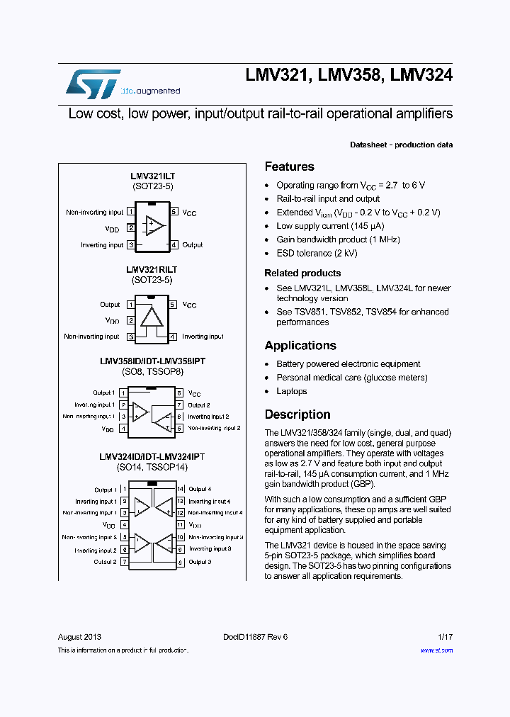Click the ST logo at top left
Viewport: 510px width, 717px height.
93,83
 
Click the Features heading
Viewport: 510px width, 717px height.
289,166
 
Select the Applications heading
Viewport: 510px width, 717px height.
300,346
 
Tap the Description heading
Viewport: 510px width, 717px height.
297,414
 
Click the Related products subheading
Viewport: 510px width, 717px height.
302,273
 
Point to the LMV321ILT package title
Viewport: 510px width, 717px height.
153,175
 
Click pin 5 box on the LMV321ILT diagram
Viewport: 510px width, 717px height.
174,212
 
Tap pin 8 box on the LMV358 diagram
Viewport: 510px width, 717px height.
180,393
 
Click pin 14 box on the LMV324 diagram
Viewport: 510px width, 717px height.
181,489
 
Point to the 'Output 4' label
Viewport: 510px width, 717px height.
200,489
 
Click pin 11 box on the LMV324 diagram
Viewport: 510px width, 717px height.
181,525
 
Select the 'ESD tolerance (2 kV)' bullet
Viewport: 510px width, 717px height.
317,253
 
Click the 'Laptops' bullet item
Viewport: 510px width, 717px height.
291,391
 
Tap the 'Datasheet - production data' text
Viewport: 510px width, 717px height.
401,145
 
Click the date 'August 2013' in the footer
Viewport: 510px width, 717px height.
79,637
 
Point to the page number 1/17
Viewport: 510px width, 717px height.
445,637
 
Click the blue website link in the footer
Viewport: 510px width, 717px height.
436,650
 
